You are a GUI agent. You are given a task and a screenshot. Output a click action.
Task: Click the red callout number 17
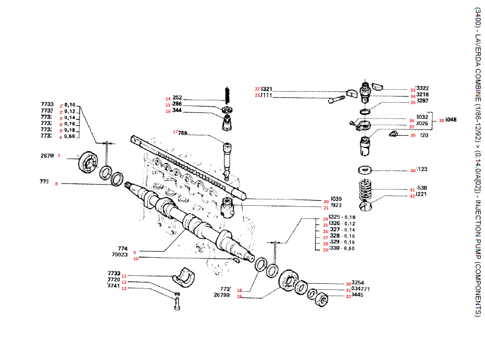coord(175,132)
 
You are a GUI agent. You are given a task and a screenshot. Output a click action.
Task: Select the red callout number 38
coord(442,121)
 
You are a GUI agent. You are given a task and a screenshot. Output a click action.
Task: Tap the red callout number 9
coord(135,252)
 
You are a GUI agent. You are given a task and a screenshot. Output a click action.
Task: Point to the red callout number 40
coord(413,170)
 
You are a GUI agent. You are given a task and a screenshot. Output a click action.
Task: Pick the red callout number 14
coord(167,99)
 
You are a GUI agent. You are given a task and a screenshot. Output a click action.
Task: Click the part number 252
coord(177,98)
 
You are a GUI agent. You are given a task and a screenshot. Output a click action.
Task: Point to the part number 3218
coord(422,95)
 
